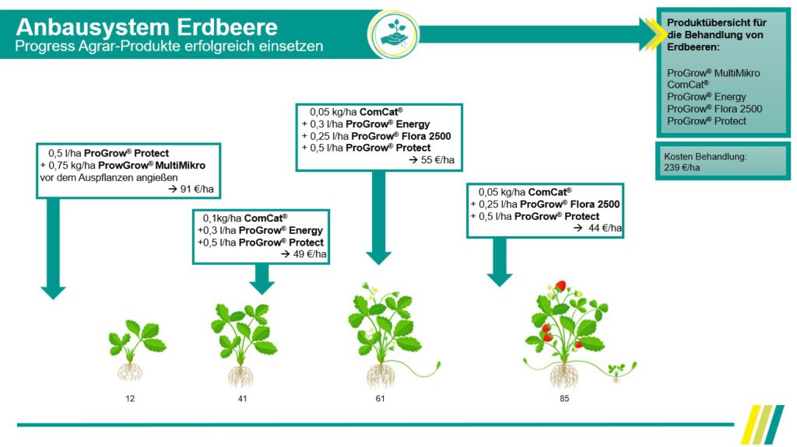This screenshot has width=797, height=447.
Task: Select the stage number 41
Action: [x=244, y=399]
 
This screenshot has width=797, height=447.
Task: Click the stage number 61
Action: [x=380, y=399]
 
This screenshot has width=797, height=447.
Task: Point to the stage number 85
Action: [x=564, y=399]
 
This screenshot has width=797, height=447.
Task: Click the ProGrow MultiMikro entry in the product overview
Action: [x=713, y=73]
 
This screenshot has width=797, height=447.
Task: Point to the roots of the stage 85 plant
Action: [x=565, y=376]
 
